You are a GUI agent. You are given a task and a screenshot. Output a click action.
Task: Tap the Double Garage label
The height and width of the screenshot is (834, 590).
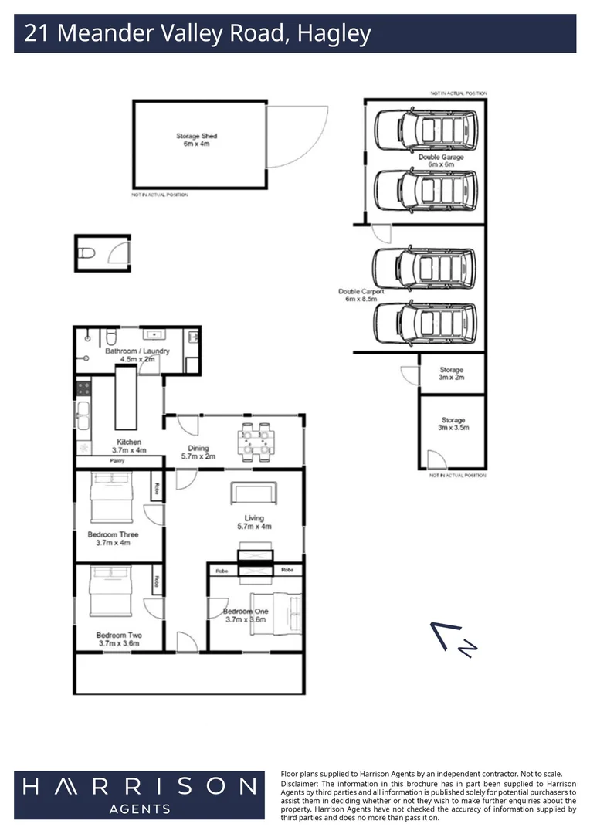click(441, 161)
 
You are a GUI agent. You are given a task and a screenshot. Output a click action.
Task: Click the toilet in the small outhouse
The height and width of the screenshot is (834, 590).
click(88, 252)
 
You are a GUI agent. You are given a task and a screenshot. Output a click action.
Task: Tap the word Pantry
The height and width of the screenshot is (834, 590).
click(117, 461)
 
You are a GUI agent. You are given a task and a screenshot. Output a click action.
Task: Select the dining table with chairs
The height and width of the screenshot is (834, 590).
click(255, 441)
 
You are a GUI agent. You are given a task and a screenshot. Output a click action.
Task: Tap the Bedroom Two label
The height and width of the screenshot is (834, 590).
click(119, 639)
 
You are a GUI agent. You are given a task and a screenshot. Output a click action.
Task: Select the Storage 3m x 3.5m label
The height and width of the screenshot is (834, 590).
click(453, 424)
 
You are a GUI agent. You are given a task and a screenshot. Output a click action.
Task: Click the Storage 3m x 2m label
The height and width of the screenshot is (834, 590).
click(452, 374)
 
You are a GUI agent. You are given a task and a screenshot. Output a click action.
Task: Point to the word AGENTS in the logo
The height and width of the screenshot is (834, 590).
click(139, 809)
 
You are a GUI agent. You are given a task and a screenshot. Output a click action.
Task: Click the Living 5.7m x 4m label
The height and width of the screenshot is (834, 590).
click(254, 522)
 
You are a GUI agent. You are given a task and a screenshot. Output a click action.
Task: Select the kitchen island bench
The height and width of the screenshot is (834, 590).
click(126, 398)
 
